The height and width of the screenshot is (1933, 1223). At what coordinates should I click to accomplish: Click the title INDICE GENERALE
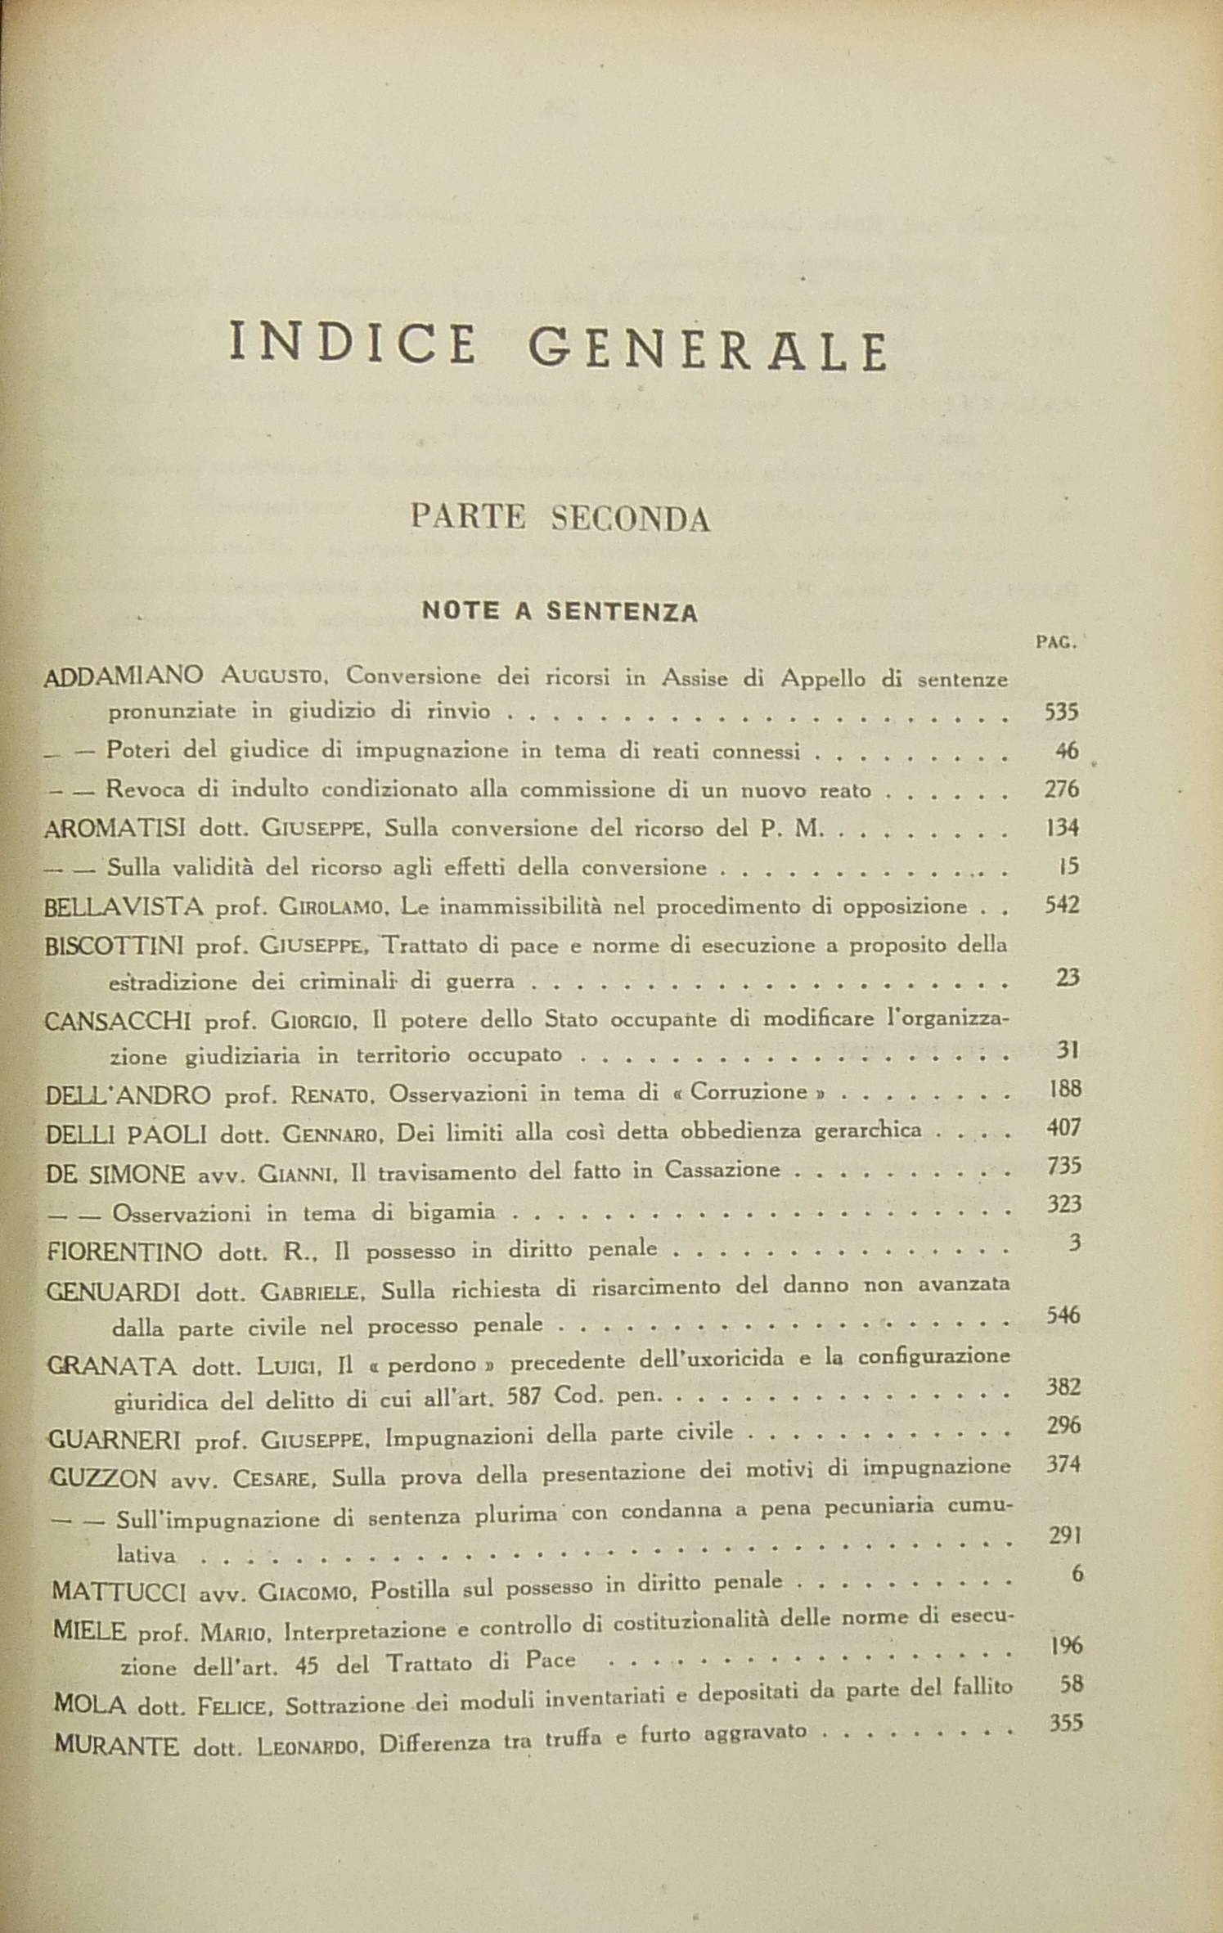click(559, 348)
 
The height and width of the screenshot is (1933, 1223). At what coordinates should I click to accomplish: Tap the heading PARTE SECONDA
click(560, 518)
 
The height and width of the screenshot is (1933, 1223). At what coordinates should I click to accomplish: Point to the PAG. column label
click(1056, 642)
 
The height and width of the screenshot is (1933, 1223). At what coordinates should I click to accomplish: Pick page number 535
click(1062, 711)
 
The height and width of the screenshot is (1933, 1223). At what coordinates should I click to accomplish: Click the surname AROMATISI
click(115, 828)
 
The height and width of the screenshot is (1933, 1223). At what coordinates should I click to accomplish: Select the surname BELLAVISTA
click(123, 906)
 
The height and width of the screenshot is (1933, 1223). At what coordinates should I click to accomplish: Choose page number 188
click(1063, 1090)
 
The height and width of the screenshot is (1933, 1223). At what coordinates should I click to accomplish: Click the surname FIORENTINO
click(125, 1251)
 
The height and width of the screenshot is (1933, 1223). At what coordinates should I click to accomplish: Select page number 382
click(1063, 1386)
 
